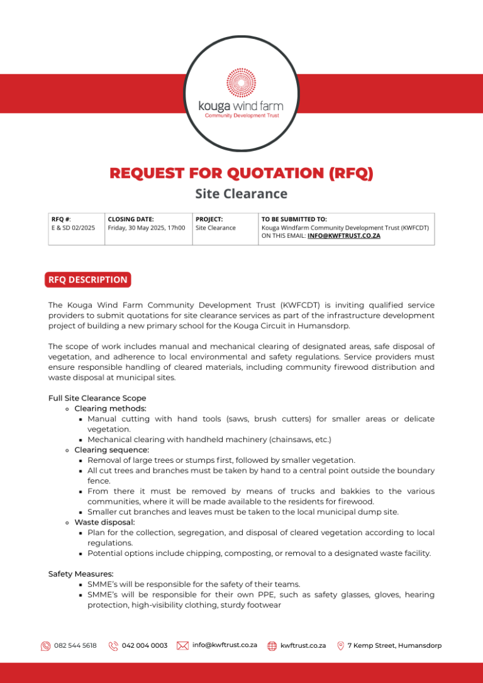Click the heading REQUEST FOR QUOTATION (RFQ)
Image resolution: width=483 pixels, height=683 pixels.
[241, 173]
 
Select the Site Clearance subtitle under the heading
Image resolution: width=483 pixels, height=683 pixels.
[241, 194]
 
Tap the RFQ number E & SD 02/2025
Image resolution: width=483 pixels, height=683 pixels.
[73, 228]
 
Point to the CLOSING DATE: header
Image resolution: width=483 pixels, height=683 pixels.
[131, 219]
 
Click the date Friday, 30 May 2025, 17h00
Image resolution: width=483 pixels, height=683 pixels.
[147, 228]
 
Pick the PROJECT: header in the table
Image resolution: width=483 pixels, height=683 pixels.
[209, 219]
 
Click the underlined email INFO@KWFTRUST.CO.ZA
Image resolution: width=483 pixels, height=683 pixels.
[344, 236]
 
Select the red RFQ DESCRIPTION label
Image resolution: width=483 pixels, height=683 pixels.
[88, 280]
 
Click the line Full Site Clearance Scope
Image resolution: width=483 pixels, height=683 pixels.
[97, 398]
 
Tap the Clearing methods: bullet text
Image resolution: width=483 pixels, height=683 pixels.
[110, 408]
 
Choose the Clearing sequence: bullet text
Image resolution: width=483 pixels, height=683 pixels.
[111, 450]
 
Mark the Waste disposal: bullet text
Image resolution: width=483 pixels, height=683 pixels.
[104, 522]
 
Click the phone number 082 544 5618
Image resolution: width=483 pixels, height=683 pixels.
[75, 646]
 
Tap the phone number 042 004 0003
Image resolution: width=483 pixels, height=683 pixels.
[145, 646]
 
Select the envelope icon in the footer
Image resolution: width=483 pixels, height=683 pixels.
[183, 645]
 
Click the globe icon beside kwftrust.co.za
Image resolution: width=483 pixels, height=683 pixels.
[272, 646]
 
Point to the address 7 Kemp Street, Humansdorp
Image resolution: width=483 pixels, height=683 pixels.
[394, 646]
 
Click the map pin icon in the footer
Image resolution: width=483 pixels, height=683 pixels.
[341, 646]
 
